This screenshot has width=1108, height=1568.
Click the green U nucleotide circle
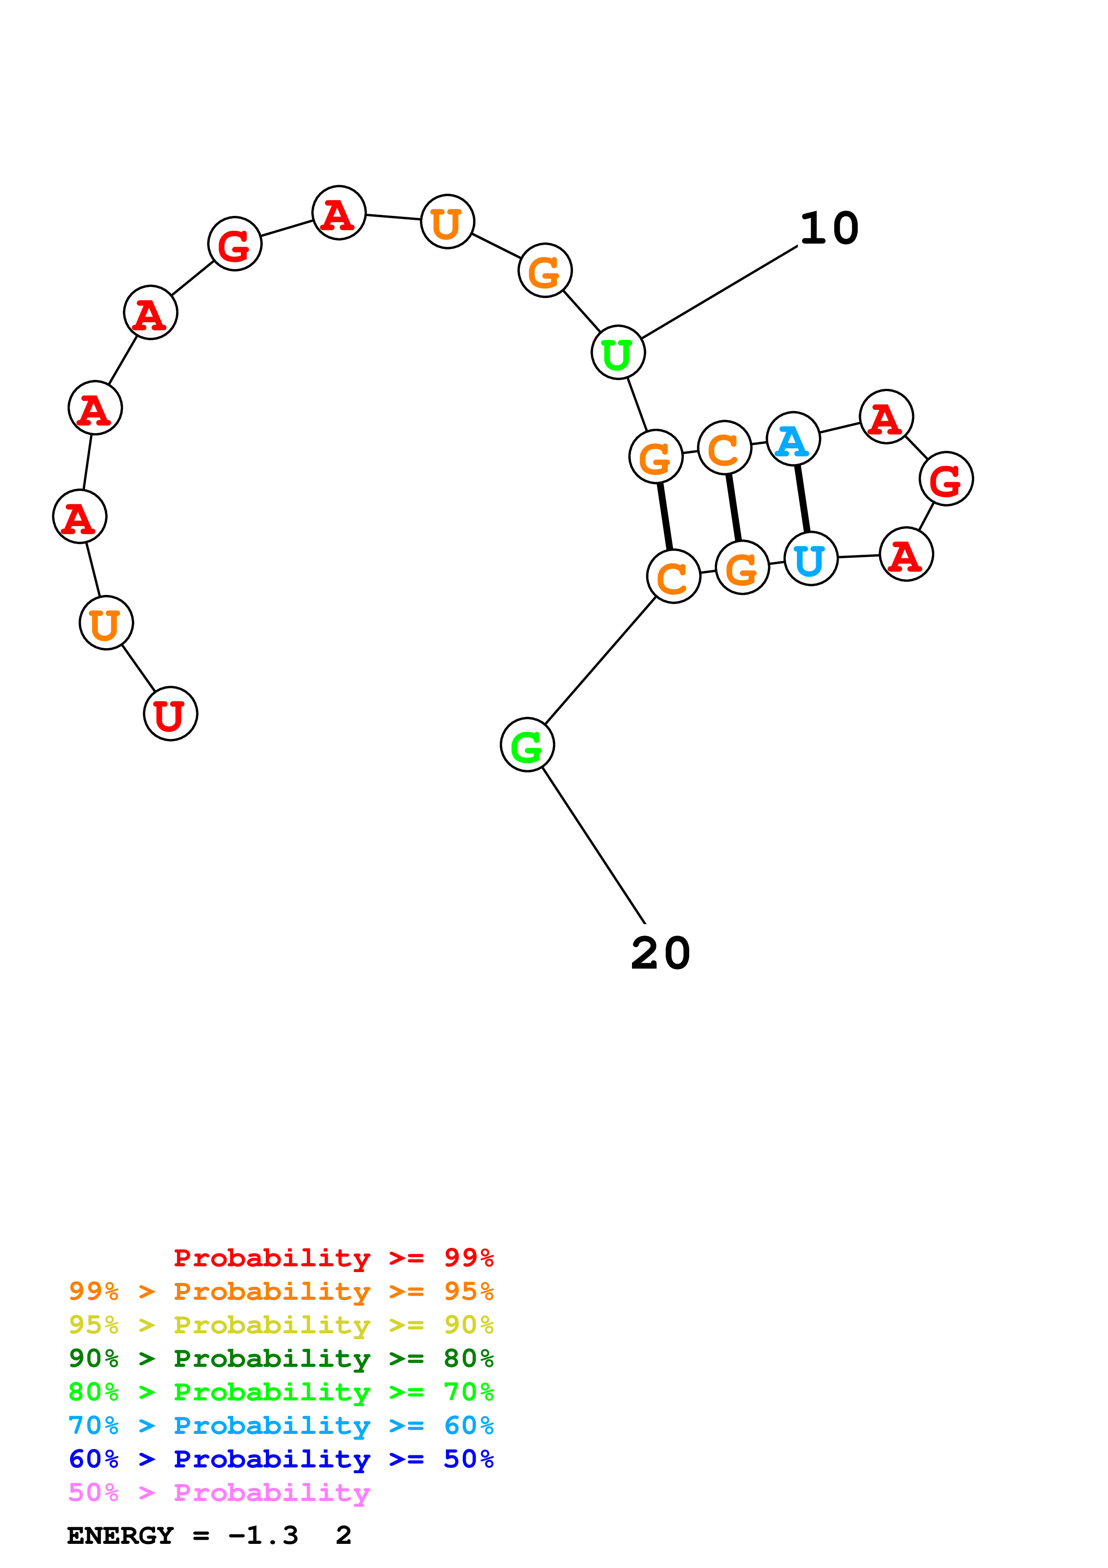click(x=618, y=352)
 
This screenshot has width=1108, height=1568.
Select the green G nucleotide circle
click(x=527, y=744)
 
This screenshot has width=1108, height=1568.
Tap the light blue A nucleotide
click(x=792, y=439)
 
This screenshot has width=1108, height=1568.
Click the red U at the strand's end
click(x=170, y=714)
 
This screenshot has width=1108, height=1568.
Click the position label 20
click(x=660, y=953)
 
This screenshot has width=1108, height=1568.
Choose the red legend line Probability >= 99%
click(x=333, y=1258)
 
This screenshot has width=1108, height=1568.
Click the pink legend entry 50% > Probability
click(x=219, y=1493)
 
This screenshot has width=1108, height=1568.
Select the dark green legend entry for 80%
click(x=281, y=1358)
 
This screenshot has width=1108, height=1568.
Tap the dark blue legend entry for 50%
click(x=281, y=1459)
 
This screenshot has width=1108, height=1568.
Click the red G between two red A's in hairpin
click(x=945, y=479)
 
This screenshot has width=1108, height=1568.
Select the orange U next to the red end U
click(x=106, y=623)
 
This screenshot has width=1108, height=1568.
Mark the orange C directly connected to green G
click(x=673, y=577)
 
